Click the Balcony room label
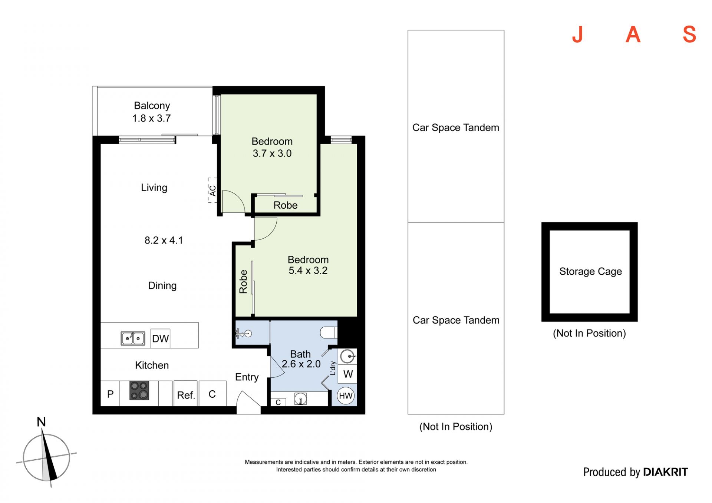tap(152, 106)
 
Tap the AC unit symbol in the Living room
tap(212, 191)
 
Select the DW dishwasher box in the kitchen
tap(160, 338)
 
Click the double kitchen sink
tap(133, 338)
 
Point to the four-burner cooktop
tap(139, 390)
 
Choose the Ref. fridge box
tap(185, 394)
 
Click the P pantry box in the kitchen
tap(110, 394)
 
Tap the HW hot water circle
tap(346, 396)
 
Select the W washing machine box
tap(348, 374)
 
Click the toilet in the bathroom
tap(329, 332)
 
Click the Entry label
tap(247, 377)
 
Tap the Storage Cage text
tap(590, 271)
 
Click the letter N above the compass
tap(41, 422)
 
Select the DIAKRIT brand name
tap(665, 472)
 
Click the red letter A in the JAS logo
tap(633, 34)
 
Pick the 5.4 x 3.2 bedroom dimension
tap(308, 271)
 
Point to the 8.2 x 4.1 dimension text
tap(164, 240)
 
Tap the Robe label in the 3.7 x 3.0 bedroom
tap(286, 205)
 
